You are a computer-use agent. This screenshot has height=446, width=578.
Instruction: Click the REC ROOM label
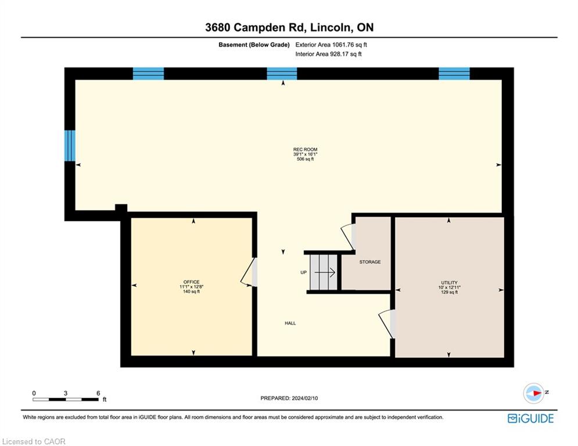tap(305, 149)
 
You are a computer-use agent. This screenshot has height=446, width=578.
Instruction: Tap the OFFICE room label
tap(191, 282)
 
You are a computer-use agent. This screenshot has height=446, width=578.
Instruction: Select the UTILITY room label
tap(449, 283)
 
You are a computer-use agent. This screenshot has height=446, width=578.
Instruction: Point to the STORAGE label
tap(370, 262)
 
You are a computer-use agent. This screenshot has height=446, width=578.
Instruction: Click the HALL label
tap(290, 323)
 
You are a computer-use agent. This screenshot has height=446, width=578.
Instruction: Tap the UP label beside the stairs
tap(303, 272)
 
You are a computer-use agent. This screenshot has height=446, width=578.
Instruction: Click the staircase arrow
tap(324, 272)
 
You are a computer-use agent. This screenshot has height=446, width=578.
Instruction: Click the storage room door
tap(347, 236)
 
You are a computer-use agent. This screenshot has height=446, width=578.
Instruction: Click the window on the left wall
tap(70, 146)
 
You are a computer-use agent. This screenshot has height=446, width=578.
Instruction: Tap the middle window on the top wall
tap(282, 73)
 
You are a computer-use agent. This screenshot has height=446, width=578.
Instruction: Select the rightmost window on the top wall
tap(454, 73)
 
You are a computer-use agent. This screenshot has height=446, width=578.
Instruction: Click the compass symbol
tap(533, 393)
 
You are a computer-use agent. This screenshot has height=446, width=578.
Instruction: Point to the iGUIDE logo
tap(530, 418)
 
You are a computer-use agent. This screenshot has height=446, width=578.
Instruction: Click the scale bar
tap(66, 400)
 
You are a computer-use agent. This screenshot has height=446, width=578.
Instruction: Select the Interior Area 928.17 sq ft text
tap(328, 54)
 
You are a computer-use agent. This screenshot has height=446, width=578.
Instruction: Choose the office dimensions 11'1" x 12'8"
tap(191, 287)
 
